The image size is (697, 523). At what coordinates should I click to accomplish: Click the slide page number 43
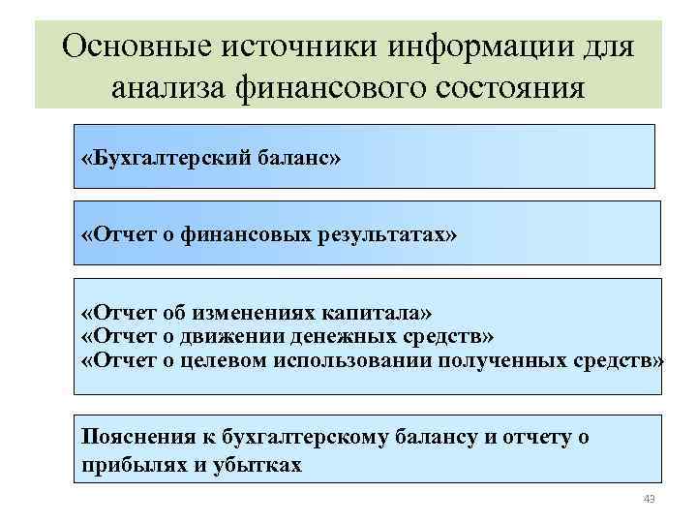pyautogui.click(x=649, y=499)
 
